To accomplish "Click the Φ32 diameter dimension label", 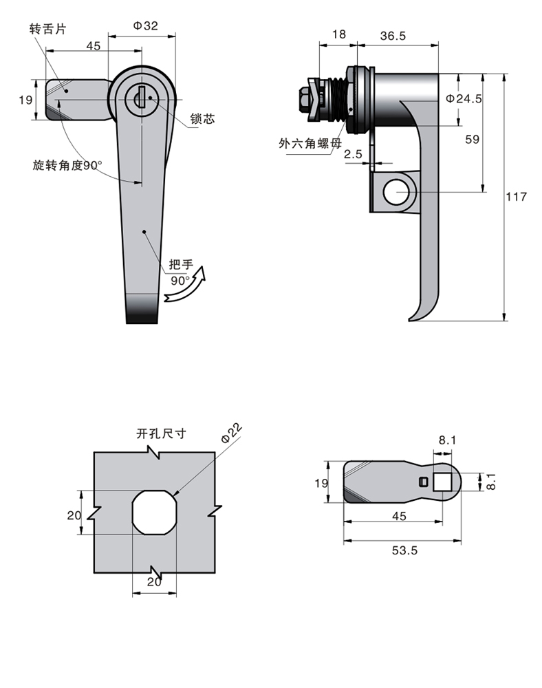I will (145, 25).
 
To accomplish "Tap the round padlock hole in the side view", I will (395, 193).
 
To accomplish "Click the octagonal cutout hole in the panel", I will (155, 513).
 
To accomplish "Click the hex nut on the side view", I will (305, 101).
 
